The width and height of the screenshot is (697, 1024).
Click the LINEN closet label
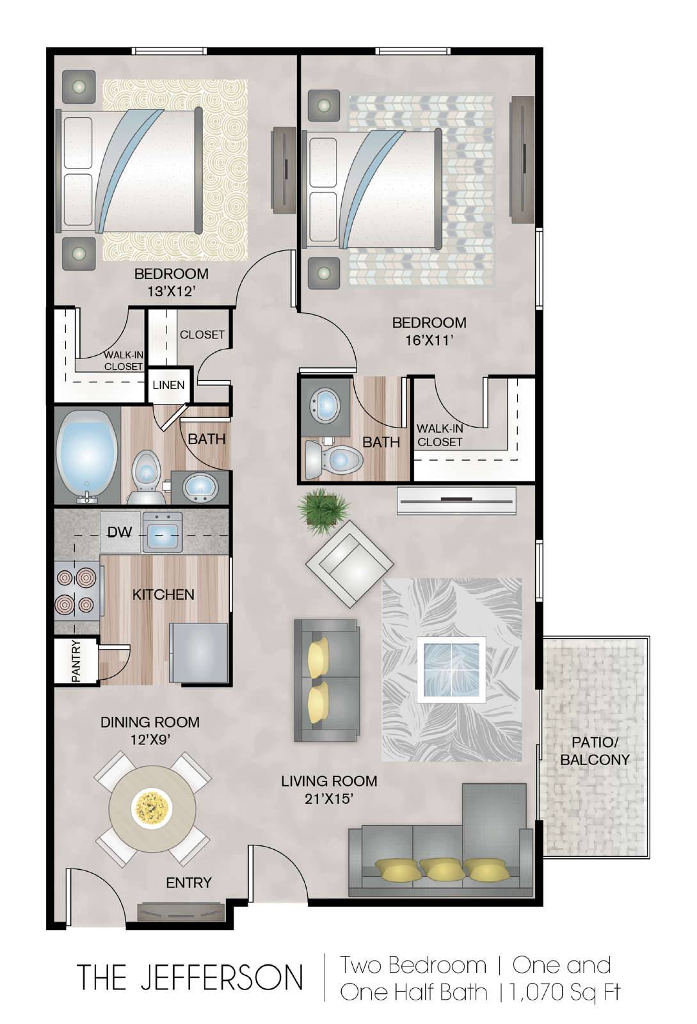[169, 385]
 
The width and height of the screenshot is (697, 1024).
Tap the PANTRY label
[76, 661]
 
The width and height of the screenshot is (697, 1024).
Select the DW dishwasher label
[120, 532]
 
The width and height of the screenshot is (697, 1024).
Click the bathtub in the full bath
[86, 456]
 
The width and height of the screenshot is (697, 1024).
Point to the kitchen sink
[163, 532]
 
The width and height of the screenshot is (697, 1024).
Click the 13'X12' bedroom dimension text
[172, 291]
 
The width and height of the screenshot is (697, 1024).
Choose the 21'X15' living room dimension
[329, 799]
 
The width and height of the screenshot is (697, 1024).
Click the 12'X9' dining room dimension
[150, 740]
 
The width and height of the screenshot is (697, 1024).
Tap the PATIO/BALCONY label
[595, 750]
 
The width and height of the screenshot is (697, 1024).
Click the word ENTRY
[189, 883]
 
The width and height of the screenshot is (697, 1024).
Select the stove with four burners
[77, 593]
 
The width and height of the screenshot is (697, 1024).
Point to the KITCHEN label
[163, 595]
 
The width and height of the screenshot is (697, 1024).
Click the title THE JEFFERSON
[190, 977]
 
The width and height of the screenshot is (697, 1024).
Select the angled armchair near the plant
[349, 564]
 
